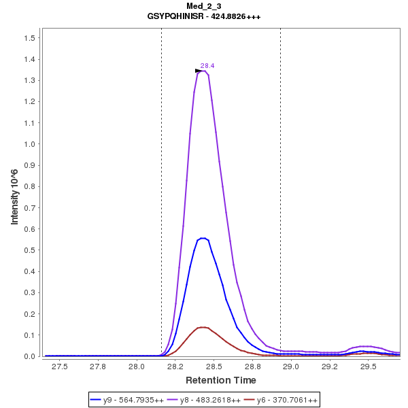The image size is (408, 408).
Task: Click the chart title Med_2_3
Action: [x=203, y=6]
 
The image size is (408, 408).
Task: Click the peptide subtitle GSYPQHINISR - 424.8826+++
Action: [x=203, y=16]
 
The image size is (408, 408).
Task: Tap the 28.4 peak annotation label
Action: [x=207, y=66]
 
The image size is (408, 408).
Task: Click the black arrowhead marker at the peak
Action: [x=199, y=71]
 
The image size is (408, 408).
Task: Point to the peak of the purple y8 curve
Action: [x=203, y=71]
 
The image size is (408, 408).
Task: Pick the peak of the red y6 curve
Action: [x=203, y=327]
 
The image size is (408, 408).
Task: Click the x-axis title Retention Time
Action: [x=221, y=380]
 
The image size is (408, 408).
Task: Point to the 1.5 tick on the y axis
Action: [x=29, y=38]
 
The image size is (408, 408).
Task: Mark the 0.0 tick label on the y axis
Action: [x=29, y=357]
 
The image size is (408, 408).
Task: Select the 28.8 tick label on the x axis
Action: [x=252, y=367]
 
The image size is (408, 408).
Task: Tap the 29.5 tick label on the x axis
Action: [x=369, y=367]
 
